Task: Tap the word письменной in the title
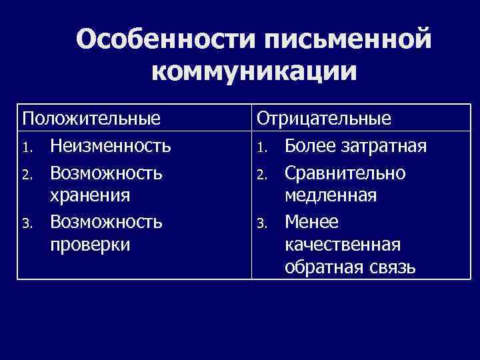347,41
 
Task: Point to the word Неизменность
111,145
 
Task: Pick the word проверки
91,245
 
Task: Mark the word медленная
331,195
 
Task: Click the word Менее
311,221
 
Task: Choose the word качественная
343,245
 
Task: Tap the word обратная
317,268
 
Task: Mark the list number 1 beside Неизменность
27,146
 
